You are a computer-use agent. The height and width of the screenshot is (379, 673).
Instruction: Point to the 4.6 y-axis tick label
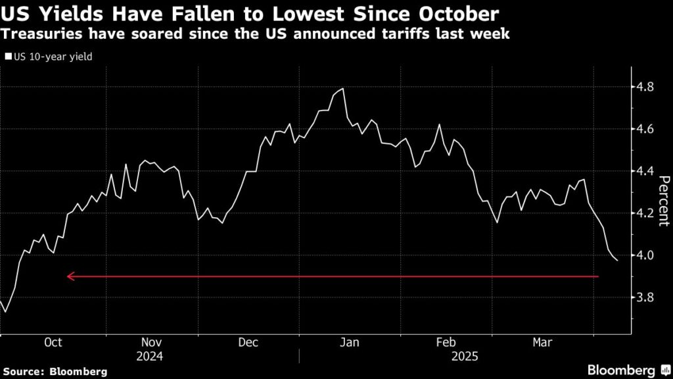[x=645, y=129]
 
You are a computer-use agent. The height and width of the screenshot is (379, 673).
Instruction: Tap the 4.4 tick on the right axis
[x=645, y=171]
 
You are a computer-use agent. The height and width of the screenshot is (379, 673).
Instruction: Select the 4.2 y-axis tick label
[x=645, y=213]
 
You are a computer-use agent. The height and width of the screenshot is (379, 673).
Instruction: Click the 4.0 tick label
[x=645, y=255]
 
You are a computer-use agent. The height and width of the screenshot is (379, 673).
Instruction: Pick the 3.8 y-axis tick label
[x=645, y=297]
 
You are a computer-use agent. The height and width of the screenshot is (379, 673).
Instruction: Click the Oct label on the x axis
[x=53, y=343]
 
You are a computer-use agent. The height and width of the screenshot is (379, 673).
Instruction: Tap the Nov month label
[x=152, y=343]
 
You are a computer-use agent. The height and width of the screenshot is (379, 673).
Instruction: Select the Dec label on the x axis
[x=248, y=343]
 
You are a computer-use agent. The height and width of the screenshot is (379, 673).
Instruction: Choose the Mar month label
[x=542, y=343]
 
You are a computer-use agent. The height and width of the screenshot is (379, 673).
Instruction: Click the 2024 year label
[x=152, y=356]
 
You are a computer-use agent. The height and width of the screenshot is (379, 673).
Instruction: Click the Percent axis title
[x=664, y=200]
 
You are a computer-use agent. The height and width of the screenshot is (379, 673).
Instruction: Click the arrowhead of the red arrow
[x=69, y=277]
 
